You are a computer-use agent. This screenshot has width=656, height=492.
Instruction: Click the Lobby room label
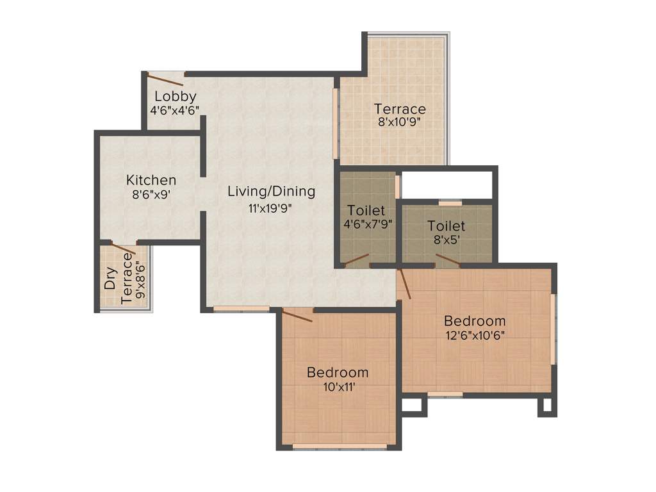[x=176, y=97]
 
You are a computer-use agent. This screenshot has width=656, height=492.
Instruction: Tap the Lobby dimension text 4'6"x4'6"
[x=175, y=110]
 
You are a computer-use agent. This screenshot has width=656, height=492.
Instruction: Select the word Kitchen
[x=151, y=180]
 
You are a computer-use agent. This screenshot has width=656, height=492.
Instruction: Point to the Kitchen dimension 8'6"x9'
[x=151, y=195]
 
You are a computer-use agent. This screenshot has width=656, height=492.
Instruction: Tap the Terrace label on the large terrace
[x=400, y=109]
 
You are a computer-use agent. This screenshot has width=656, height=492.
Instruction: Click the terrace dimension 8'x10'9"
[x=400, y=122]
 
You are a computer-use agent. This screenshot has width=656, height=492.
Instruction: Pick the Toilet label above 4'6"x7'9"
[x=366, y=210]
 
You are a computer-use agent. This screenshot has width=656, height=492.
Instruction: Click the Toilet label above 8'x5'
[x=447, y=226]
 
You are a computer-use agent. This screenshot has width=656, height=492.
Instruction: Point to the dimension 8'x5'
[x=447, y=240]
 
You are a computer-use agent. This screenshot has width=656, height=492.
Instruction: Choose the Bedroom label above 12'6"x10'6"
[x=475, y=321]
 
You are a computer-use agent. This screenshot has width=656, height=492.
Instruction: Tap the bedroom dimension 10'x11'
[x=337, y=386]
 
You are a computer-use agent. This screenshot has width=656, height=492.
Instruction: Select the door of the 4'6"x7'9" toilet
[x=356, y=259]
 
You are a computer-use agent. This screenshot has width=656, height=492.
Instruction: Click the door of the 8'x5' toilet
[x=447, y=259]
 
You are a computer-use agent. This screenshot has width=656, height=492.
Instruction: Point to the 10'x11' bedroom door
[x=297, y=315]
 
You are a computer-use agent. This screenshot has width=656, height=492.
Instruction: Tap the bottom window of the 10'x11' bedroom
[x=340, y=446]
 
